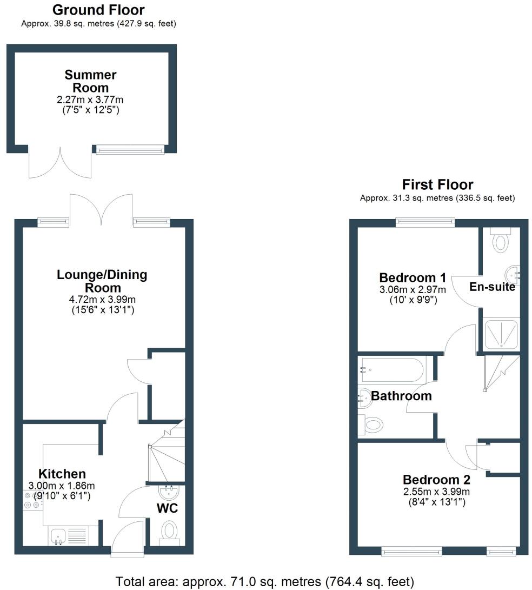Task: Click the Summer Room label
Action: pos(91,81)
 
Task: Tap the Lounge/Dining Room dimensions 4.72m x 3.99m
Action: pos(102,300)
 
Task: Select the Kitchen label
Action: pos(63,474)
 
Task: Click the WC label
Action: pos(167,508)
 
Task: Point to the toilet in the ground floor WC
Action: pos(170,529)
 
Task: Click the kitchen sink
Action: pos(58,535)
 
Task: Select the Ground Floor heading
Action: pos(98,10)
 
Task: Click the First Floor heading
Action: pos(437,184)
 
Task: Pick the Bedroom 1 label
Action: pos(413,278)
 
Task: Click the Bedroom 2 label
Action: pos(436,480)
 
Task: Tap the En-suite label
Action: pos(492,287)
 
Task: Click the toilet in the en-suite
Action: pos(501,240)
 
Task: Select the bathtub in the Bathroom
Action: pos(393,369)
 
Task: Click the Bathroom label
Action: pos(401,396)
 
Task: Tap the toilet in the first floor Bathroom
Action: pos(373,425)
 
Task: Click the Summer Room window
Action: pos(130,149)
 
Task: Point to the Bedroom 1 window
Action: pos(424,221)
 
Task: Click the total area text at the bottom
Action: pos(265,581)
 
